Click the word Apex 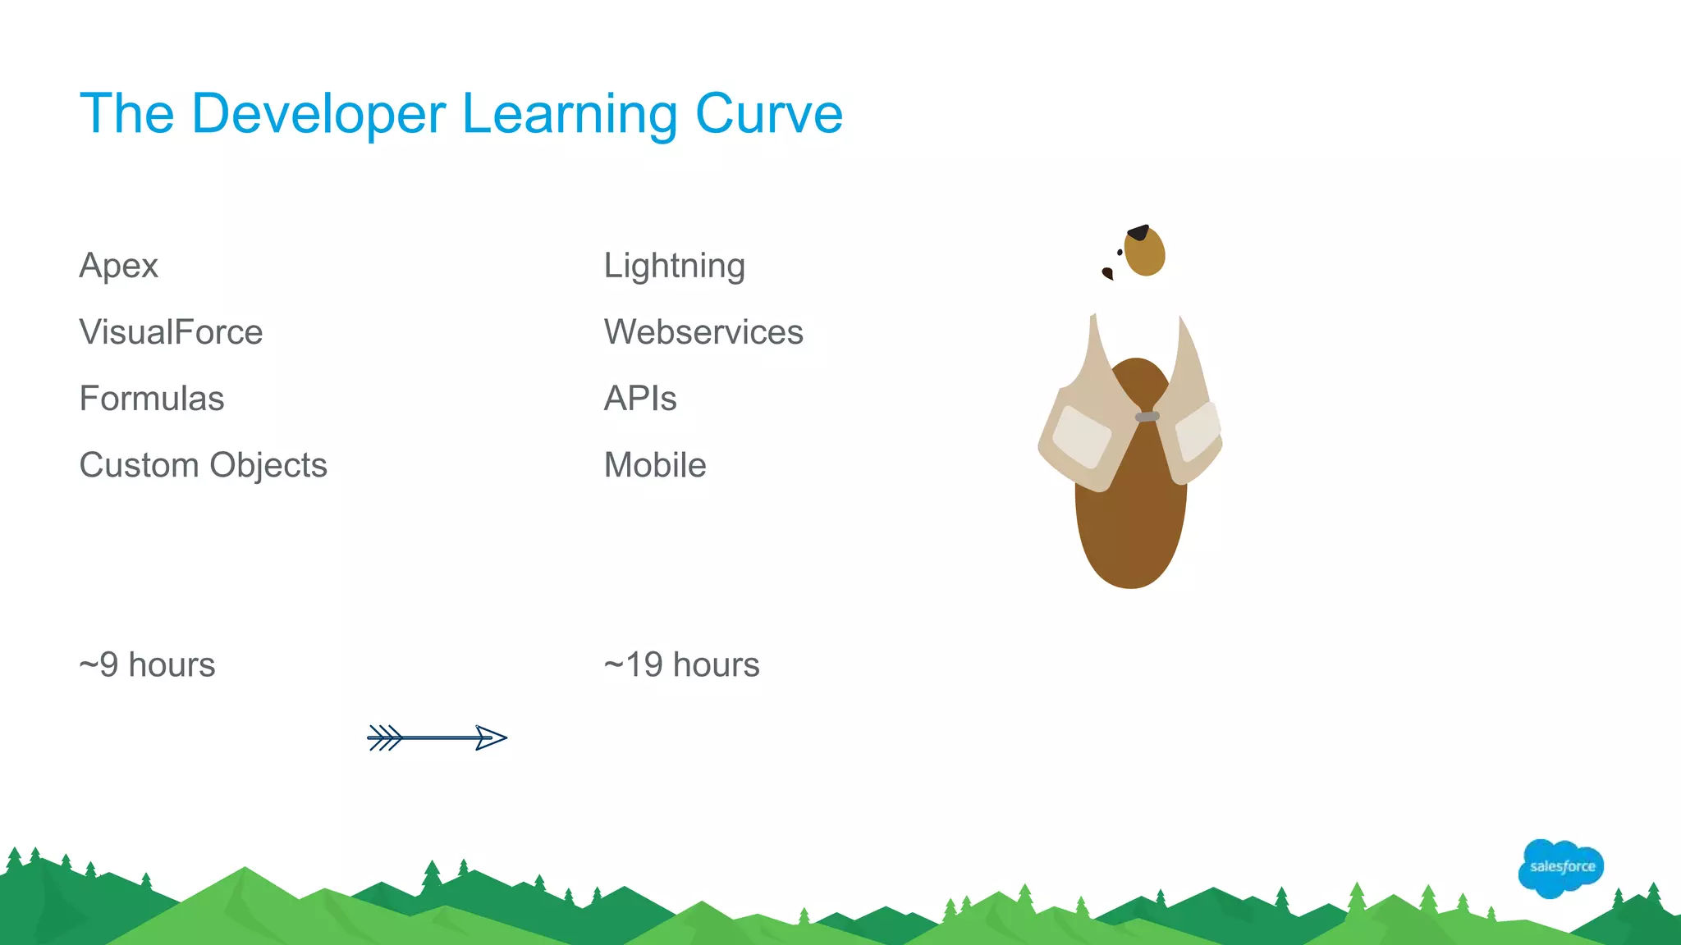118,266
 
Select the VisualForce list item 171,332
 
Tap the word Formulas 152,399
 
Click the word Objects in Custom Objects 268,466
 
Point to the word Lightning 674,266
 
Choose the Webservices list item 703,332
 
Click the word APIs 640,399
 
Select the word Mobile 655,465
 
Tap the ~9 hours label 147,664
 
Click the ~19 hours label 681,664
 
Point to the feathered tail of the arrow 385,737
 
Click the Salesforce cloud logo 1561,867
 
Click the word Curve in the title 768,113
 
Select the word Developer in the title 318,113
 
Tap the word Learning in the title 570,113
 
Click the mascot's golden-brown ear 1145,252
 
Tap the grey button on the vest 1147,417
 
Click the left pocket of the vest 1081,436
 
